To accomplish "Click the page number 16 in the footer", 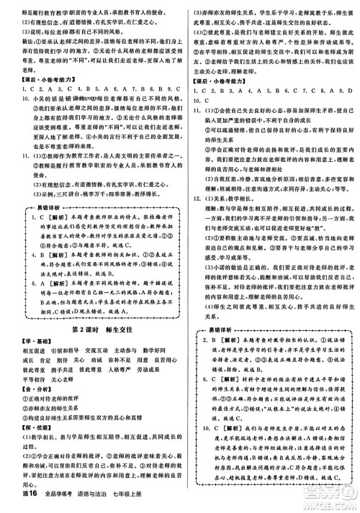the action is click(17, 504).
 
